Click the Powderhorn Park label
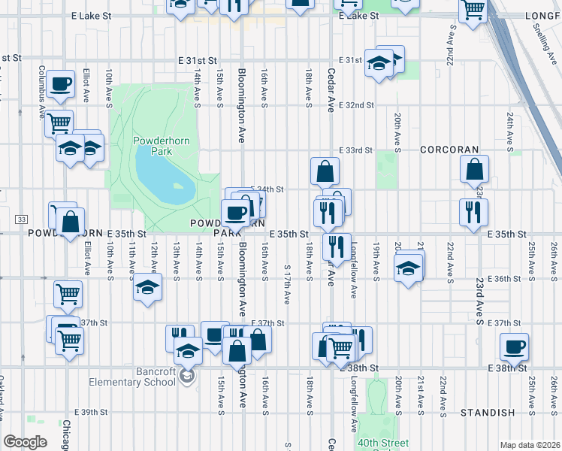point(153,146)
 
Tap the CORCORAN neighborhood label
point(449,150)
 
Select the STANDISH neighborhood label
point(488,413)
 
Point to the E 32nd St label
point(355,105)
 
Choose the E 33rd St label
point(355,150)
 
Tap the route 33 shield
point(20,219)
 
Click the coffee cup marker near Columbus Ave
point(60,83)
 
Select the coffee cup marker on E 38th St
point(515,347)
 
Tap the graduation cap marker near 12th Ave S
point(147,286)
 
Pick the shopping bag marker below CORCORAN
point(476,170)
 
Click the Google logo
point(25,442)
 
